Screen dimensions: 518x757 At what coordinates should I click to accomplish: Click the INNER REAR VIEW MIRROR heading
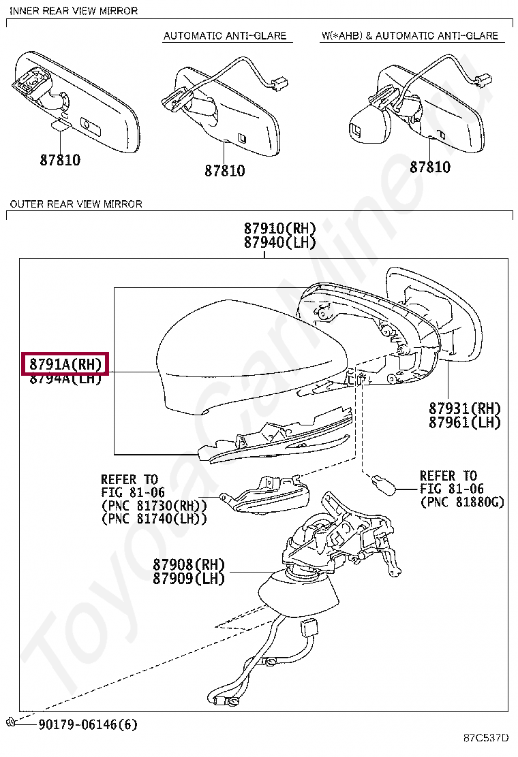74,11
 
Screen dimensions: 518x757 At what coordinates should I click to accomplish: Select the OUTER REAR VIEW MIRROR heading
76,204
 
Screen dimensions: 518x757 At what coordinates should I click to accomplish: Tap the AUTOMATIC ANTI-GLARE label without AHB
225,35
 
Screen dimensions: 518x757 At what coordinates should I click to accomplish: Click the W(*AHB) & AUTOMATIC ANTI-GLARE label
410,35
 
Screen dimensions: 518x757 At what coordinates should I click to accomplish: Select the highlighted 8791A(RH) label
65,364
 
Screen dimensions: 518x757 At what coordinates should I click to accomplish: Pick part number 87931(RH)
464,408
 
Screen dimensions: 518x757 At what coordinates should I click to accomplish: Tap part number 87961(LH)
464,422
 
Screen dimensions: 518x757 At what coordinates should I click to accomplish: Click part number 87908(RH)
188,564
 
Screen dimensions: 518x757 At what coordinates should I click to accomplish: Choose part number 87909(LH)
188,579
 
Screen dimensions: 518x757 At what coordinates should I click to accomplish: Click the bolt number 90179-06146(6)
87,724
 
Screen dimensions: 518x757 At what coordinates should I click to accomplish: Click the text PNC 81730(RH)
154,505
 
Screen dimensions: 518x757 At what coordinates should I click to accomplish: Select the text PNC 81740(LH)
154,519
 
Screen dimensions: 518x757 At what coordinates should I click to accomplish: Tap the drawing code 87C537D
486,738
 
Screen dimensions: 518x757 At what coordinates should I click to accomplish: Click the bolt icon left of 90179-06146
12,722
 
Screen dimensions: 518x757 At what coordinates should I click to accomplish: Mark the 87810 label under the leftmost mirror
60,161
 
